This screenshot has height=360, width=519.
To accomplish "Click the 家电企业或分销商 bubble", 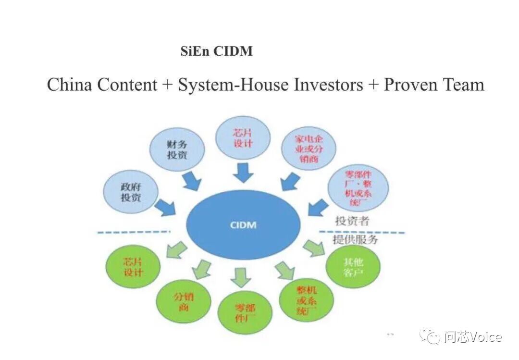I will tap(309, 149).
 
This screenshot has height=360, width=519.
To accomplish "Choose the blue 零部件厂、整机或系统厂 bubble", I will tap(358, 188).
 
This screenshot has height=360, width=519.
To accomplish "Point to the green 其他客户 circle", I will tap(353, 268).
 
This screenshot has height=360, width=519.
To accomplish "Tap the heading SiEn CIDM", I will tap(216, 51).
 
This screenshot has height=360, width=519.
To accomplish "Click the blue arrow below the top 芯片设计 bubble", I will tap(244, 172).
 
